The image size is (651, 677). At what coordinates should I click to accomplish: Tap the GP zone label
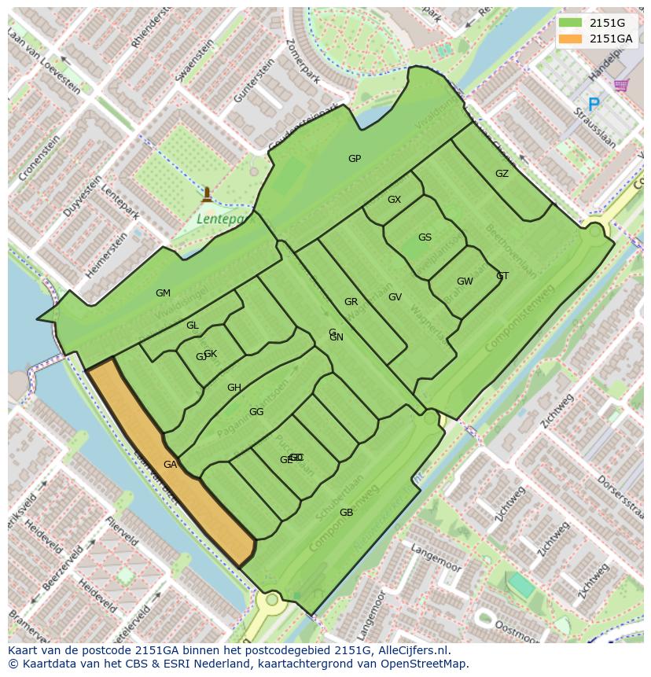pos(355,159)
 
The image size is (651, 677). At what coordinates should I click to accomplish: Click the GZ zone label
pos(502,174)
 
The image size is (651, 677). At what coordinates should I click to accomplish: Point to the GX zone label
pos(394,200)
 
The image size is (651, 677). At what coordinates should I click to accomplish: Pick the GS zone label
pos(425,237)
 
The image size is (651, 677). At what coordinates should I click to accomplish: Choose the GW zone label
pos(465,281)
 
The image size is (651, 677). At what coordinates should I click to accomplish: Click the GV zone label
pos(395,297)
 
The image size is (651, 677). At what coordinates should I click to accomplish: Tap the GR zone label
pos(351,302)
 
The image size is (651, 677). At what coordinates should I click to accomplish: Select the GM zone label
pos(163,293)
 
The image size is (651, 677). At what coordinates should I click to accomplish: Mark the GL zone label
pos(193,326)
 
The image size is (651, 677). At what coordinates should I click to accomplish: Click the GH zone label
pos(234,388)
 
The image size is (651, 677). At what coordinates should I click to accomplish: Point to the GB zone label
pos(346,513)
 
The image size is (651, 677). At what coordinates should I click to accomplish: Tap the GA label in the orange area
pos(170,465)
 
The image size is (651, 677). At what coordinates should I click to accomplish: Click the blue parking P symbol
pos(594,104)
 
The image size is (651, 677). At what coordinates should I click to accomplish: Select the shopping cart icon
pos(621,85)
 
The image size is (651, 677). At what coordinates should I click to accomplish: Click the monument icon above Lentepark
pos(207,193)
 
